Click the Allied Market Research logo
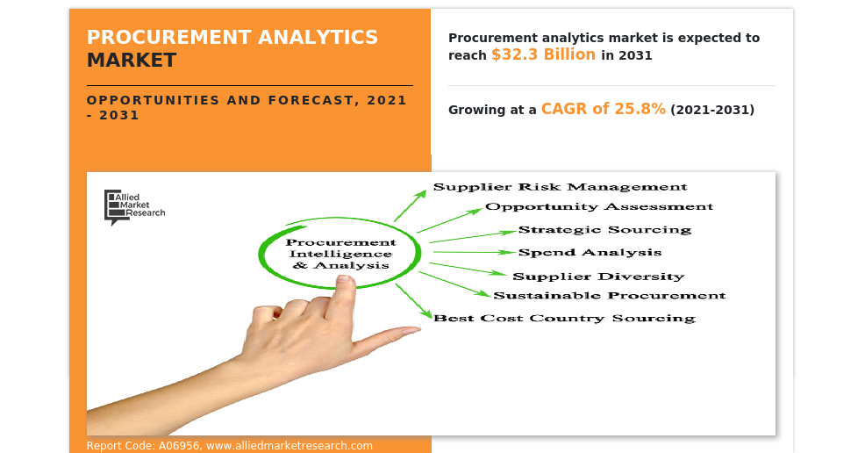tap(134, 207)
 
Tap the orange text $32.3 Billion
tap(543, 54)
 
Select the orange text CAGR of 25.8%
tap(604, 109)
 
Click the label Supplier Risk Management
tap(560, 187)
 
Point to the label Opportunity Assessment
tap(599, 207)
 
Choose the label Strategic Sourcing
tap(604, 229)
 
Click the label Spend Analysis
tap(590, 253)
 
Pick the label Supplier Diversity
tap(598, 276)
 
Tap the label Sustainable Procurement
tap(609, 296)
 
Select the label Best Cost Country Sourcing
tap(564, 319)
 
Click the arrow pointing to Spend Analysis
tap(474, 252)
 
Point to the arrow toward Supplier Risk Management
tap(410, 205)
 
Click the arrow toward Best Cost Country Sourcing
tap(413, 301)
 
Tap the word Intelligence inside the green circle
tap(340, 254)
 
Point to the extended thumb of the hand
tap(386, 337)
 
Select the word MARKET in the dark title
tap(132, 61)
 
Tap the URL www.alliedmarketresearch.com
tap(290, 446)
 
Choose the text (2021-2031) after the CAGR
tap(712, 110)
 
